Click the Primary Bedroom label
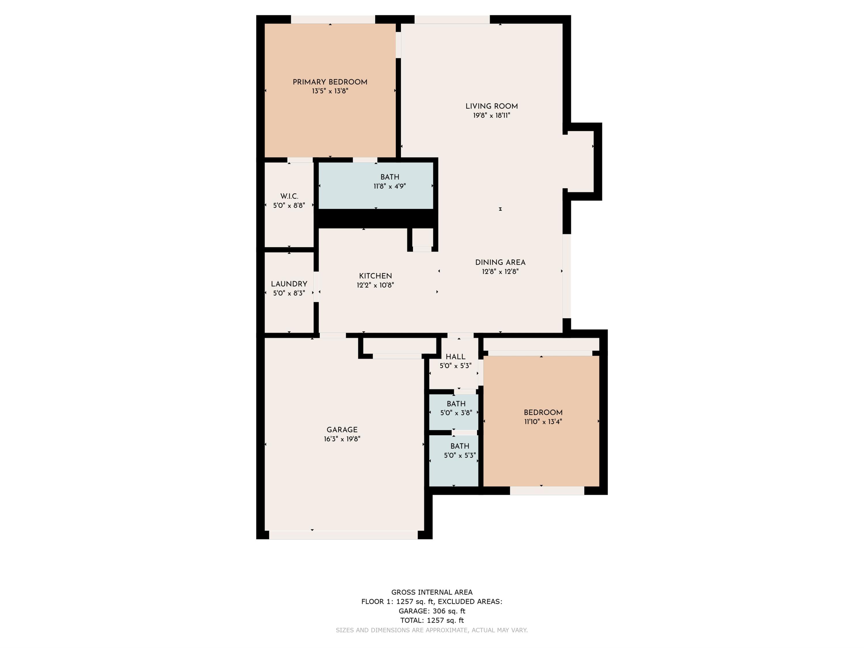pos(330,82)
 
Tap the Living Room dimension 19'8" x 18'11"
pos(491,115)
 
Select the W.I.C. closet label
pos(289,196)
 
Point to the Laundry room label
pos(289,284)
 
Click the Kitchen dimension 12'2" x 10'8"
pos(375,285)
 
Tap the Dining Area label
pos(500,262)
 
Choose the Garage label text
pos(342,430)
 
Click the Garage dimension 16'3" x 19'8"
pos(342,439)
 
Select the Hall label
pos(455,357)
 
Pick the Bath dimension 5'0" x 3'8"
pos(456,413)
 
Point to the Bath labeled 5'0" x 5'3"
pos(459,446)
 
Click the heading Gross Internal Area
pos(432,592)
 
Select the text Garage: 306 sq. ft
pos(432,611)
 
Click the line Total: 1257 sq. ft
pos(432,620)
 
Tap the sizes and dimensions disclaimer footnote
pos(432,630)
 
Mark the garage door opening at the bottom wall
pos(343,535)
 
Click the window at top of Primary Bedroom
pos(333,19)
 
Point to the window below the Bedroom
pos(547,491)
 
